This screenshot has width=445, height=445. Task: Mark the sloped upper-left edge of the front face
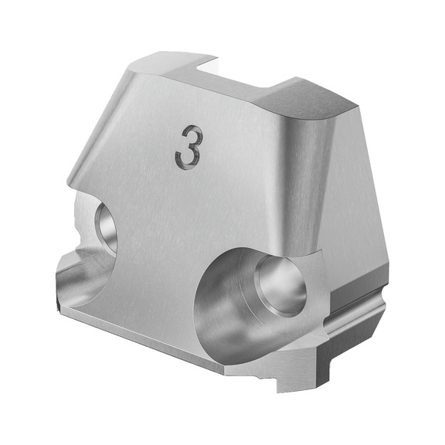click(97, 124)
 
